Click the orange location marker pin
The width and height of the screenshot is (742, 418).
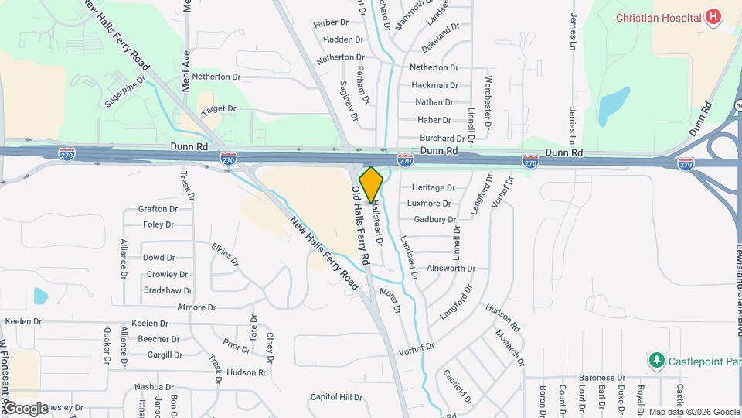371,184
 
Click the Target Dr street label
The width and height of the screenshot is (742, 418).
218,111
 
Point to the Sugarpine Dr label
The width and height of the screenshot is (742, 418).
124,91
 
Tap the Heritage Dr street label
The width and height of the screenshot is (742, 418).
433,187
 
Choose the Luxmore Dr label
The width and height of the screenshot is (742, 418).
429,204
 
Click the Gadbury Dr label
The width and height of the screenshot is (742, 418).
434,220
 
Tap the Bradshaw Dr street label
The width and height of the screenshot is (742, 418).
168,290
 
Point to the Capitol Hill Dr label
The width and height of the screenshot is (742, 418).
336,397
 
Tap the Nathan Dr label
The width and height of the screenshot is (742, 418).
434,102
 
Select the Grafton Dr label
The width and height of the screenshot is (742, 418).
158,209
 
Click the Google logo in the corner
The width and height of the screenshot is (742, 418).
25,408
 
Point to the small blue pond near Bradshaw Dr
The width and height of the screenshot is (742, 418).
40,296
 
